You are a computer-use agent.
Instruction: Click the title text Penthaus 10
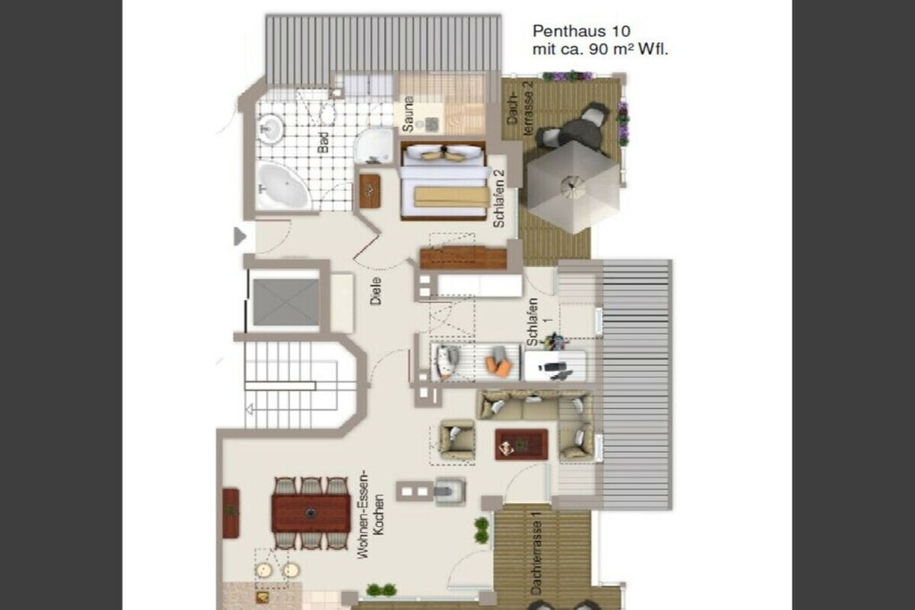(x=581, y=31)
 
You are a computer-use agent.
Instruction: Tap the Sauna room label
(x=408, y=113)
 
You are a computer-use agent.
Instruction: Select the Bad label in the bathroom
(x=323, y=143)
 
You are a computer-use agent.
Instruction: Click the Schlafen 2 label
(x=499, y=198)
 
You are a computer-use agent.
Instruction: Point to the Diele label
(x=376, y=291)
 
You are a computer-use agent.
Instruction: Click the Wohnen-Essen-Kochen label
(x=371, y=514)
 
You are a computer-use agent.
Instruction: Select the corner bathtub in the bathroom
(x=283, y=186)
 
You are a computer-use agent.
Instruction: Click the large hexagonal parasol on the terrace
(x=573, y=187)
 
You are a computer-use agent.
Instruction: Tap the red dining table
(x=311, y=514)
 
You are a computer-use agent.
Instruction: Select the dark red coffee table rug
(x=521, y=445)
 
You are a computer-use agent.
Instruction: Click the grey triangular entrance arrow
(x=239, y=236)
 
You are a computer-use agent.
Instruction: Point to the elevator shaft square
(x=286, y=302)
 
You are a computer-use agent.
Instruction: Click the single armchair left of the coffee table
(x=457, y=439)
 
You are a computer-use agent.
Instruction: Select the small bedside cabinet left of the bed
(x=370, y=191)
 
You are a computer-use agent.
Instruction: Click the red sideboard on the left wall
(x=231, y=513)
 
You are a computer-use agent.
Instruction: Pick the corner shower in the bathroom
(x=374, y=146)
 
